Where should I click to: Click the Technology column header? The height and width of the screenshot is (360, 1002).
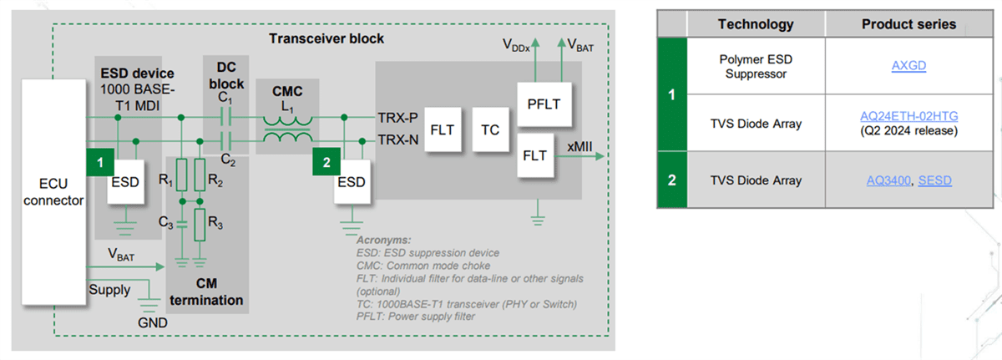click(755, 24)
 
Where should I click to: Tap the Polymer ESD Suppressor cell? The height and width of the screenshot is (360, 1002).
click(755, 66)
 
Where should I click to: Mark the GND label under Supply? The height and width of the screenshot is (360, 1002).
click(153, 322)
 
